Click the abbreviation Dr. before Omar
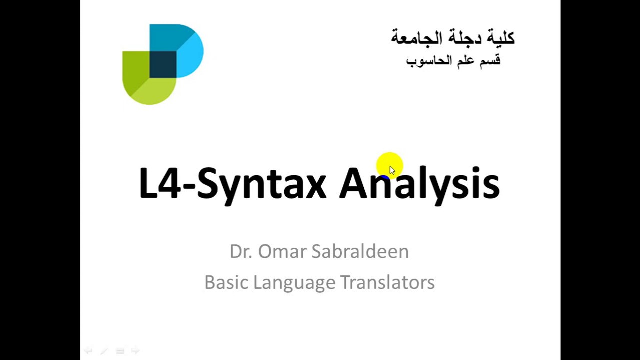point(241,251)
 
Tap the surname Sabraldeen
point(360,251)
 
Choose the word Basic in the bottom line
point(227,282)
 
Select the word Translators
point(387,282)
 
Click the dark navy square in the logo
point(163,64)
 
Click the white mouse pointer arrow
point(392,170)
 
